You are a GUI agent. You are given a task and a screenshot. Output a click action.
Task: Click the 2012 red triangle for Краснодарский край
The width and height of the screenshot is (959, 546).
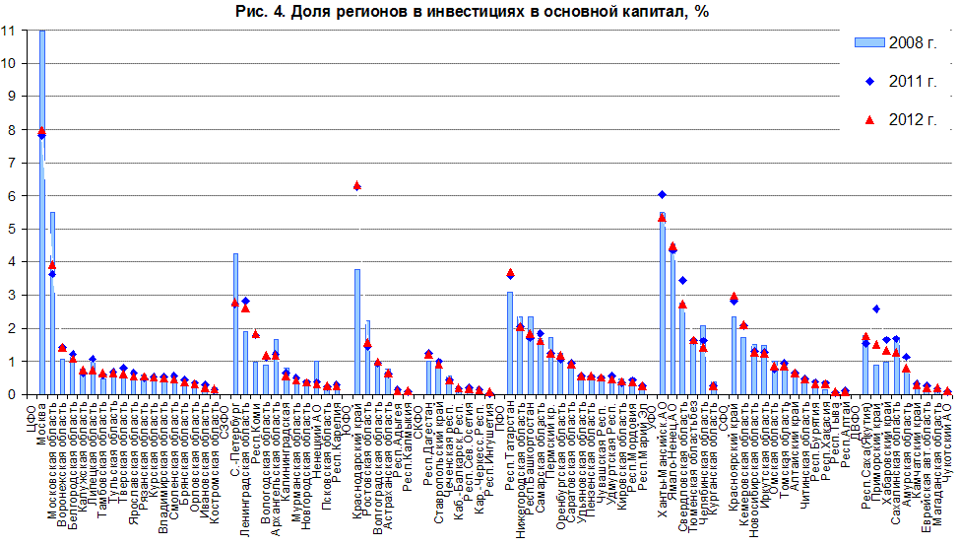coord(357,185)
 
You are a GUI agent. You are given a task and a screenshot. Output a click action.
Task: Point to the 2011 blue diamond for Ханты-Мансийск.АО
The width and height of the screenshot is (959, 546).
coord(662,195)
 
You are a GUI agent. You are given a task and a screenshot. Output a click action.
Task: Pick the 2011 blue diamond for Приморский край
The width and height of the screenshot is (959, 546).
coord(876,309)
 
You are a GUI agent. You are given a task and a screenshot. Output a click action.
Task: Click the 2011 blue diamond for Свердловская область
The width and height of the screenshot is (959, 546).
coord(682,281)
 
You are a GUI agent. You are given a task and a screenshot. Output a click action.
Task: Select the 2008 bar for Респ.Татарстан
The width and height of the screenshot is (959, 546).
coord(510,345)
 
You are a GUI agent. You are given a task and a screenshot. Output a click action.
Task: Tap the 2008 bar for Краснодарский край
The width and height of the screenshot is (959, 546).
coord(357,335)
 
